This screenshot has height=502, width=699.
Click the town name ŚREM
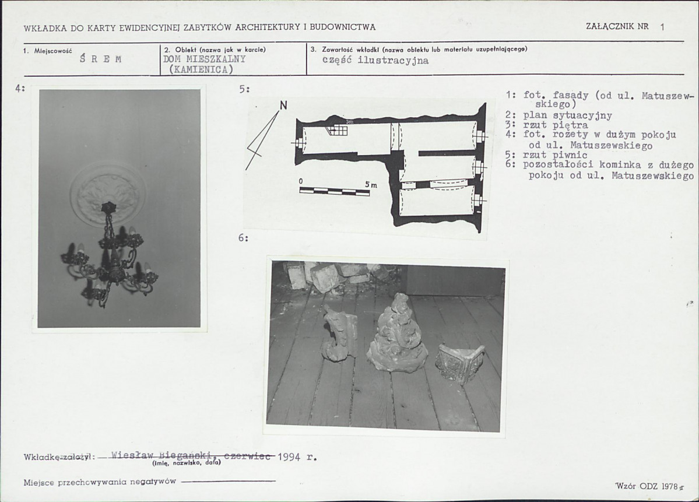[101, 59]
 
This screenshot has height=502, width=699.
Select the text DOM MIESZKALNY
[205, 59]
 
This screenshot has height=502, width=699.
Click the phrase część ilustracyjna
[375, 61]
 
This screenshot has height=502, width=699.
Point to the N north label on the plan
[283, 106]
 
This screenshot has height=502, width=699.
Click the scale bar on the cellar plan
[335, 192]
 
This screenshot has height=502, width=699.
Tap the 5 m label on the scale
[371, 184]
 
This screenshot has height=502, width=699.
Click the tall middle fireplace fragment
[397, 334]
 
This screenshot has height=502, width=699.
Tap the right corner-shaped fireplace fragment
[459, 362]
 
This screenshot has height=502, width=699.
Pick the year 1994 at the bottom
[289, 457]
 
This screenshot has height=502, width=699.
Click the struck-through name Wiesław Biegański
[164, 455]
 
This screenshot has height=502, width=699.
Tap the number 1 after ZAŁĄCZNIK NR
[662, 27]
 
